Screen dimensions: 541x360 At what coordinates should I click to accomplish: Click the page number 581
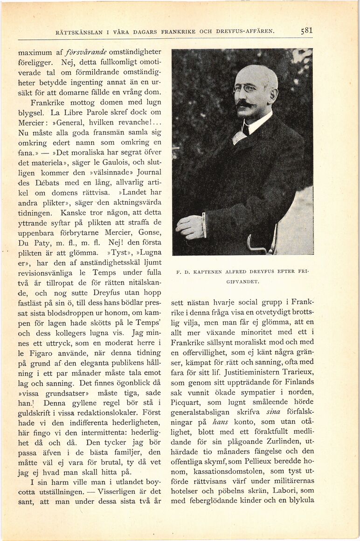[x=306, y=31]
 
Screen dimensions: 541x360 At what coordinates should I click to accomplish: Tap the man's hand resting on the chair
[x=190, y=227]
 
